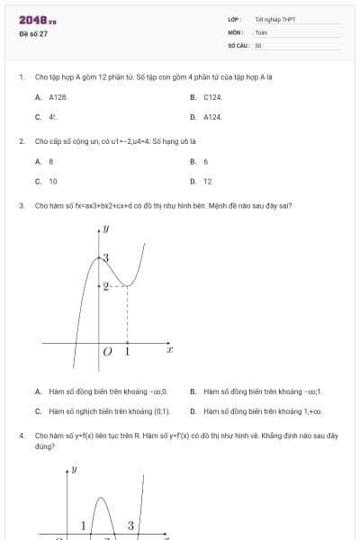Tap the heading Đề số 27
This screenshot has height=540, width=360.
point(33,33)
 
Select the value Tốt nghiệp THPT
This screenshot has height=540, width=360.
point(274,19)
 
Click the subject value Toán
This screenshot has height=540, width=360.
point(261,31)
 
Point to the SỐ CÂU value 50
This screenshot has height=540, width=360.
point(258,44)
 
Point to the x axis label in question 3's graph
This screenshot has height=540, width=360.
point(169,349)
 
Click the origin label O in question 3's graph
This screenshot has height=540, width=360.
point(107,352)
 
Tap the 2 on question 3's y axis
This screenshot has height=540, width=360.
point(105,286)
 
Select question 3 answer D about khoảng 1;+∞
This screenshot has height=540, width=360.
point(263,411)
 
